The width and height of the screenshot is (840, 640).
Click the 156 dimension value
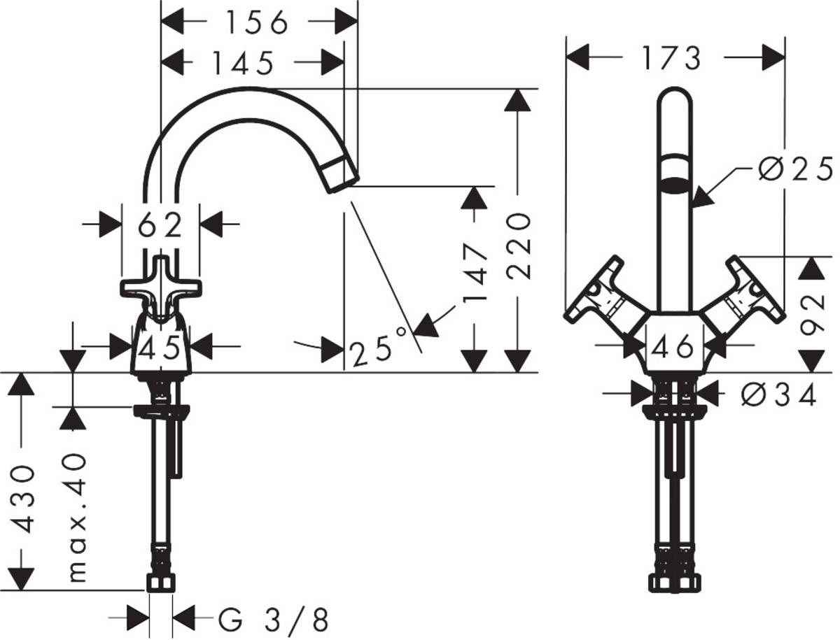255,23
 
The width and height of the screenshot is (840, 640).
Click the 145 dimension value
243,63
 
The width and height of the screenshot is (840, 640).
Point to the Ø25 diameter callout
795,169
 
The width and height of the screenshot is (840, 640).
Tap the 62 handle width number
160,225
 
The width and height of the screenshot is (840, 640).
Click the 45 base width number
161,346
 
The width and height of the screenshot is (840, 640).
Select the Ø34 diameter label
778,396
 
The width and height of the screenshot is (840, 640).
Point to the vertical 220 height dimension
519,247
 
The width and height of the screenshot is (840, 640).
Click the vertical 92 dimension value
813,315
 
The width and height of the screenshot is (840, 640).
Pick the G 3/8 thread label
273,620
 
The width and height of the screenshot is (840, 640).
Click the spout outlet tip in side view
341,173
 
